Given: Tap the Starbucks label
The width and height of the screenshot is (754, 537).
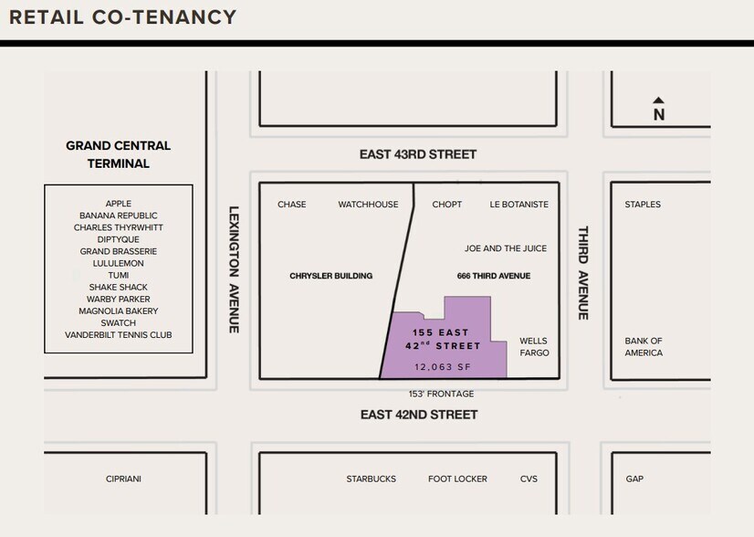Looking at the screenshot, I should click(371, 479).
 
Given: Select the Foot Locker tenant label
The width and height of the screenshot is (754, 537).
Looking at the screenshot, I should click(457, 479).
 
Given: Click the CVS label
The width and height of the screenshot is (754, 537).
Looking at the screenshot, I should click(529, 479).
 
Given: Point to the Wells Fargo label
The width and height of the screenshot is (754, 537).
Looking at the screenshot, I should click(534, 346).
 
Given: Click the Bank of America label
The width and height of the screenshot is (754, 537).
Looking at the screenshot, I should click(644, 346).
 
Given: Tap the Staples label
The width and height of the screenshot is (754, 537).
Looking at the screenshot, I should click(643, 205).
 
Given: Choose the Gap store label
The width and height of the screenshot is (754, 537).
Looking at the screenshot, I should click(634, 479).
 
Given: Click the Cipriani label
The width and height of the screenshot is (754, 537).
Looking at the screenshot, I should click(123, 479).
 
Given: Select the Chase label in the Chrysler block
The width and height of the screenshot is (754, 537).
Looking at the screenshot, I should click(292, 205).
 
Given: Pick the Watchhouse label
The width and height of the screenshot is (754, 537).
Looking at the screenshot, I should click(368, 205).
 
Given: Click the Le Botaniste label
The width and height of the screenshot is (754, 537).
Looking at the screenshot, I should click(518, 205).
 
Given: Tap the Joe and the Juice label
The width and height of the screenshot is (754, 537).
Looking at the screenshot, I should click(505, 248).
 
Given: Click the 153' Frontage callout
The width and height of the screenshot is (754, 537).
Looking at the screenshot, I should click(441, 394).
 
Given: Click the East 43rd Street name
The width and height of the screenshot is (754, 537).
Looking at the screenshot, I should click(418, 154).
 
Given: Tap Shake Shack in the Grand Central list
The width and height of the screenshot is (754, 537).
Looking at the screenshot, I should click(118, 287).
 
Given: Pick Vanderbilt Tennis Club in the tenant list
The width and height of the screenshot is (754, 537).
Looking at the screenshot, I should click(118, 335).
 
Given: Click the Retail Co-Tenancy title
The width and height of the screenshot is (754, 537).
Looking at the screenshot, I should click(122, 17).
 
